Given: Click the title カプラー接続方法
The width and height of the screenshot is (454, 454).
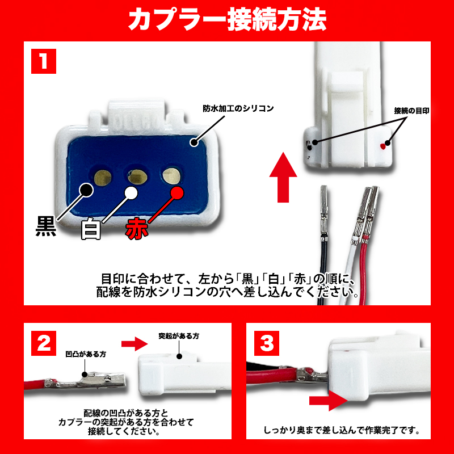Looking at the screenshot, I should tap(227, 20).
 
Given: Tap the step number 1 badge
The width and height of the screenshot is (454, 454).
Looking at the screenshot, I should tap(43, 61).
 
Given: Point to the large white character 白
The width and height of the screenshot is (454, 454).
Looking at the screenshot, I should tap(91, 229).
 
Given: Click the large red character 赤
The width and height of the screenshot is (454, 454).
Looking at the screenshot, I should tap(136, 228).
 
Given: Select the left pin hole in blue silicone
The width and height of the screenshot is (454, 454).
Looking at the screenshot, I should tap(103, 178).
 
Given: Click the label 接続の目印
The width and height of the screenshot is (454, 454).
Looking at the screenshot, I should tap(411, 111).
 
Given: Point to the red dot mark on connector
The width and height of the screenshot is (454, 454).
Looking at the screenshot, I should tap(384, 146).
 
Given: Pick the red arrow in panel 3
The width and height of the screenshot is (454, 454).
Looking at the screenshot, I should tap(327, 402).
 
